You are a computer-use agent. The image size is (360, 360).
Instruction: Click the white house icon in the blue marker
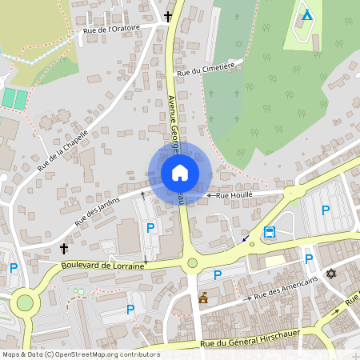click(180, 173)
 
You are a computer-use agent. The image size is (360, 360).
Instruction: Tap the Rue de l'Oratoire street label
click(111, 30)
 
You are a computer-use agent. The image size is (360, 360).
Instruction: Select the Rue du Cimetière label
click(206, 70)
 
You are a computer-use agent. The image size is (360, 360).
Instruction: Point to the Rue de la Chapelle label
click(62, 151)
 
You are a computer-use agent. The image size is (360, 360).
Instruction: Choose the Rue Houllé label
click(234, 194)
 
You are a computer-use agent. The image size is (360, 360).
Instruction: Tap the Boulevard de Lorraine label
click(102, 265)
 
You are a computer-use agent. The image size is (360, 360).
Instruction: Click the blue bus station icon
click(270, 233)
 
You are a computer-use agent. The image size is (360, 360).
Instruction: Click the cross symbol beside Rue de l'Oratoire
click(169, 16)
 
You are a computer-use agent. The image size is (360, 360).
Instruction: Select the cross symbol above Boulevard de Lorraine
click(64, 249)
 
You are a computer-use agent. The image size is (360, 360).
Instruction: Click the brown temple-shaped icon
click(203, 298)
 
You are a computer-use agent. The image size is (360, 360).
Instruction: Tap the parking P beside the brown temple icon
click(217, 275)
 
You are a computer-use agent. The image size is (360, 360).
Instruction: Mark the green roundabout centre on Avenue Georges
click(192, 262)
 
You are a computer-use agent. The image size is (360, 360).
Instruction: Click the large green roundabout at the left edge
click(25, 303)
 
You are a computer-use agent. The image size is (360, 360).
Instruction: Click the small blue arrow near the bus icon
click(245, 238)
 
